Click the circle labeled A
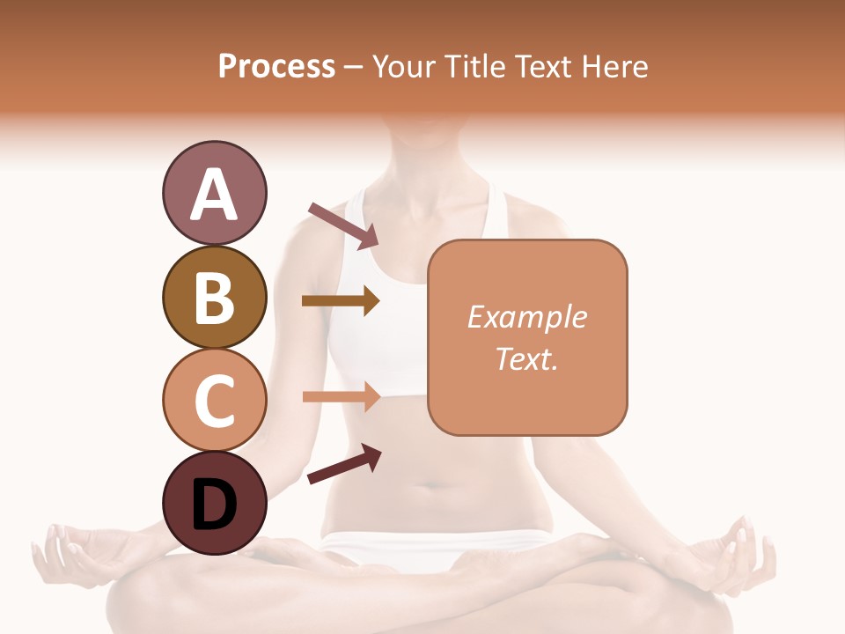(x=214, y=194)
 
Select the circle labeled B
(x=214, y=297)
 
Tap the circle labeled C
(x=214, y=399)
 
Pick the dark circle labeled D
(x=214, y=503)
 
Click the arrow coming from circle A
(x=343, y=225)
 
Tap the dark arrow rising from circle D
(x=344, y=464)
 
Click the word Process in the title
(x=276, y=66)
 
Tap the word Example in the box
(x=526, y=317)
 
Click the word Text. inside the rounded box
(x=526, y=358)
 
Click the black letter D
(x=214, y=505)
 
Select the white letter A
(x=214, y=195)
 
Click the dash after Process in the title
(x=353, y=68)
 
